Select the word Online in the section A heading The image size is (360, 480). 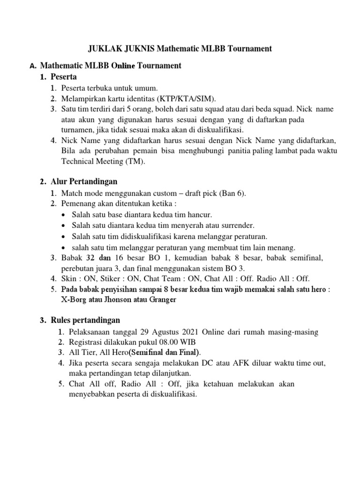[123, 66]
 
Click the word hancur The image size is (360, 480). [201, 215]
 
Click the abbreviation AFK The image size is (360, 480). [241, 363]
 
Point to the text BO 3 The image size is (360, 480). [236, 268]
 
